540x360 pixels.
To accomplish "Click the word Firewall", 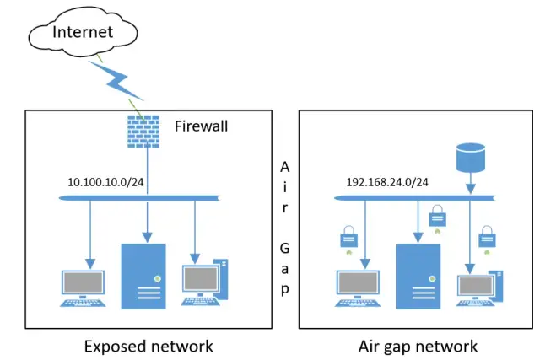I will [201, 126].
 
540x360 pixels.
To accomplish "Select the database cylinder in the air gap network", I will [471, 156].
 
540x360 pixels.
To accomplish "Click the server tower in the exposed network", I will [143, 276].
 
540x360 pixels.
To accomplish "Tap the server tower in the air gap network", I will [416, 276].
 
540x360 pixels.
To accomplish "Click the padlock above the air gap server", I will [436, 217].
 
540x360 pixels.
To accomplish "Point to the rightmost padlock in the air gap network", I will [485, 234].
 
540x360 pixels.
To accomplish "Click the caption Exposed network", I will [148, 346].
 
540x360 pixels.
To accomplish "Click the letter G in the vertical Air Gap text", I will [285, 249].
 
